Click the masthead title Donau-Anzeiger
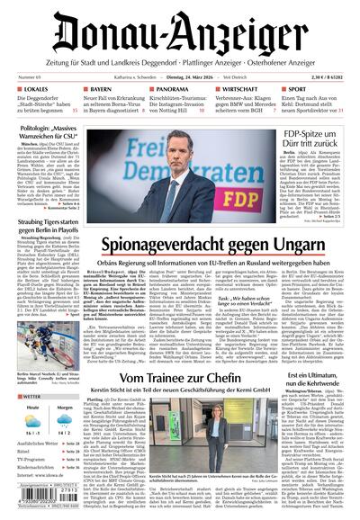point(180,33)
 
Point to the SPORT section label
point(301,91)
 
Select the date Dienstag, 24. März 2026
point(179,78)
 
